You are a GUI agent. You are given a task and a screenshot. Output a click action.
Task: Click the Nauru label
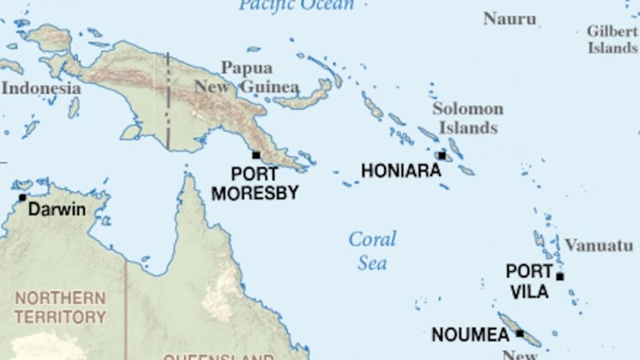(x=510, y=18)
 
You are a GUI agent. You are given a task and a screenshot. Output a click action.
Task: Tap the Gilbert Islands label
(x=612, y=39)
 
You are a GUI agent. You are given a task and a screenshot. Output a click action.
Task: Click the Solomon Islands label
(x=468, y=118)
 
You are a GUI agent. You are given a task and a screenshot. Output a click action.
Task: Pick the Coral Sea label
(x=372, y=250)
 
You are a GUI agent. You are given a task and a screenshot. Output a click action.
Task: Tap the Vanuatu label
(x=598, y=246)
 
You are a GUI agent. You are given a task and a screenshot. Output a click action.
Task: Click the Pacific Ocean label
(x=296, y=5)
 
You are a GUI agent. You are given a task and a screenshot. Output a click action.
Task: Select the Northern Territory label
(x=60, y=307)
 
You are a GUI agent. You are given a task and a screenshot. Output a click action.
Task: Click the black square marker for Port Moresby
(x=256, y=155)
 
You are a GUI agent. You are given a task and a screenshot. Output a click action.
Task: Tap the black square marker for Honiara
(x=442, y=155)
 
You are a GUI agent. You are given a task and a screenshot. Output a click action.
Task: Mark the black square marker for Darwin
(x=22, y=198)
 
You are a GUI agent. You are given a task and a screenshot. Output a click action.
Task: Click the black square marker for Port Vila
(x=560, y=277)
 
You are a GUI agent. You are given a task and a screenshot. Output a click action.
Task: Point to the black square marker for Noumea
(x=519, y=333)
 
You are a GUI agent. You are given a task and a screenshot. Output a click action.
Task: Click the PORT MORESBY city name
(x=254, y=184)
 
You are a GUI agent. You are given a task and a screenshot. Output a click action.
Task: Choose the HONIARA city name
(x=400, y=170)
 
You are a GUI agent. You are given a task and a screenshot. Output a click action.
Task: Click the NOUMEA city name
(x=470, y=335)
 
